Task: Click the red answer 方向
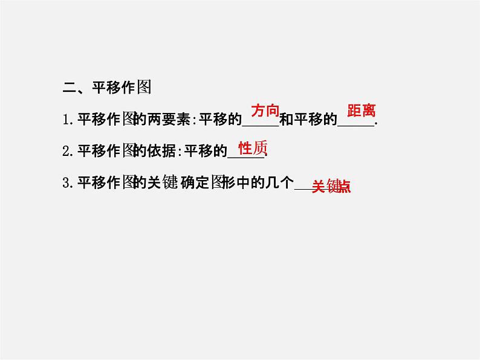pyautogui.click(x=265, y=111)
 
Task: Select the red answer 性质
pyautogui.click(x=253, y=149)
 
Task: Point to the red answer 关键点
pyautogui.click(x=331, y=187)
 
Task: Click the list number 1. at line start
pyautogui.click(x=68, y=120)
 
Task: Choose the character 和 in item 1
pyautogui.click(x=286, y=120)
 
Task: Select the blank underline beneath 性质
pyautogui.click(x=247, y=156)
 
